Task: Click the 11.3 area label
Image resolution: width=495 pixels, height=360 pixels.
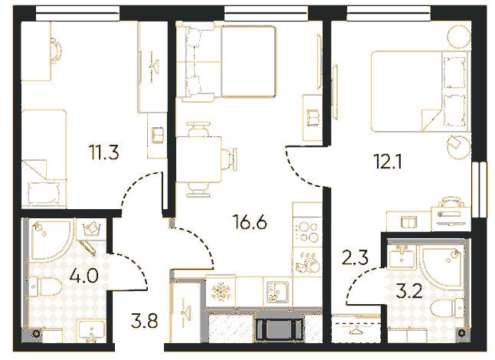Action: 104,154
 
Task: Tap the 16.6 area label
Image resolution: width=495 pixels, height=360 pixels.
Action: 249,222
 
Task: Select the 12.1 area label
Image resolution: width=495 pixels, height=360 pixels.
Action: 386,163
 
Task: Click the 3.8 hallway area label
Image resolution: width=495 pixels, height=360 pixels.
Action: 144,321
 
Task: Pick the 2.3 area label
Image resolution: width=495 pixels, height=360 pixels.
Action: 356,258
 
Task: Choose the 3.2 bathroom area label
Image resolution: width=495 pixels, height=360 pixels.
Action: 409,292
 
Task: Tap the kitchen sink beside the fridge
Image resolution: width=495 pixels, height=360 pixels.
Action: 277,291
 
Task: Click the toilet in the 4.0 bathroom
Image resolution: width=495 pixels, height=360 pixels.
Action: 44,287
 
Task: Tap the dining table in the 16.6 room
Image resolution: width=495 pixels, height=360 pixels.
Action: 198,159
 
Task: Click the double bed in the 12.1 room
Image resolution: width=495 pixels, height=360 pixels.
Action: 418,91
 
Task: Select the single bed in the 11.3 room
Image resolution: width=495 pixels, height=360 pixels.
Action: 44,159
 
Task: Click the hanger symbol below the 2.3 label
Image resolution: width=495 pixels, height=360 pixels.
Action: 357,330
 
